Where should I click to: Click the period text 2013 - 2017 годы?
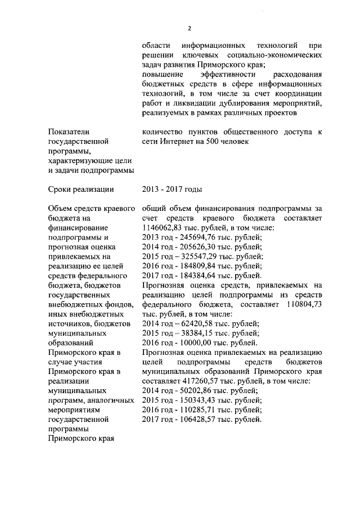point(173,189)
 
